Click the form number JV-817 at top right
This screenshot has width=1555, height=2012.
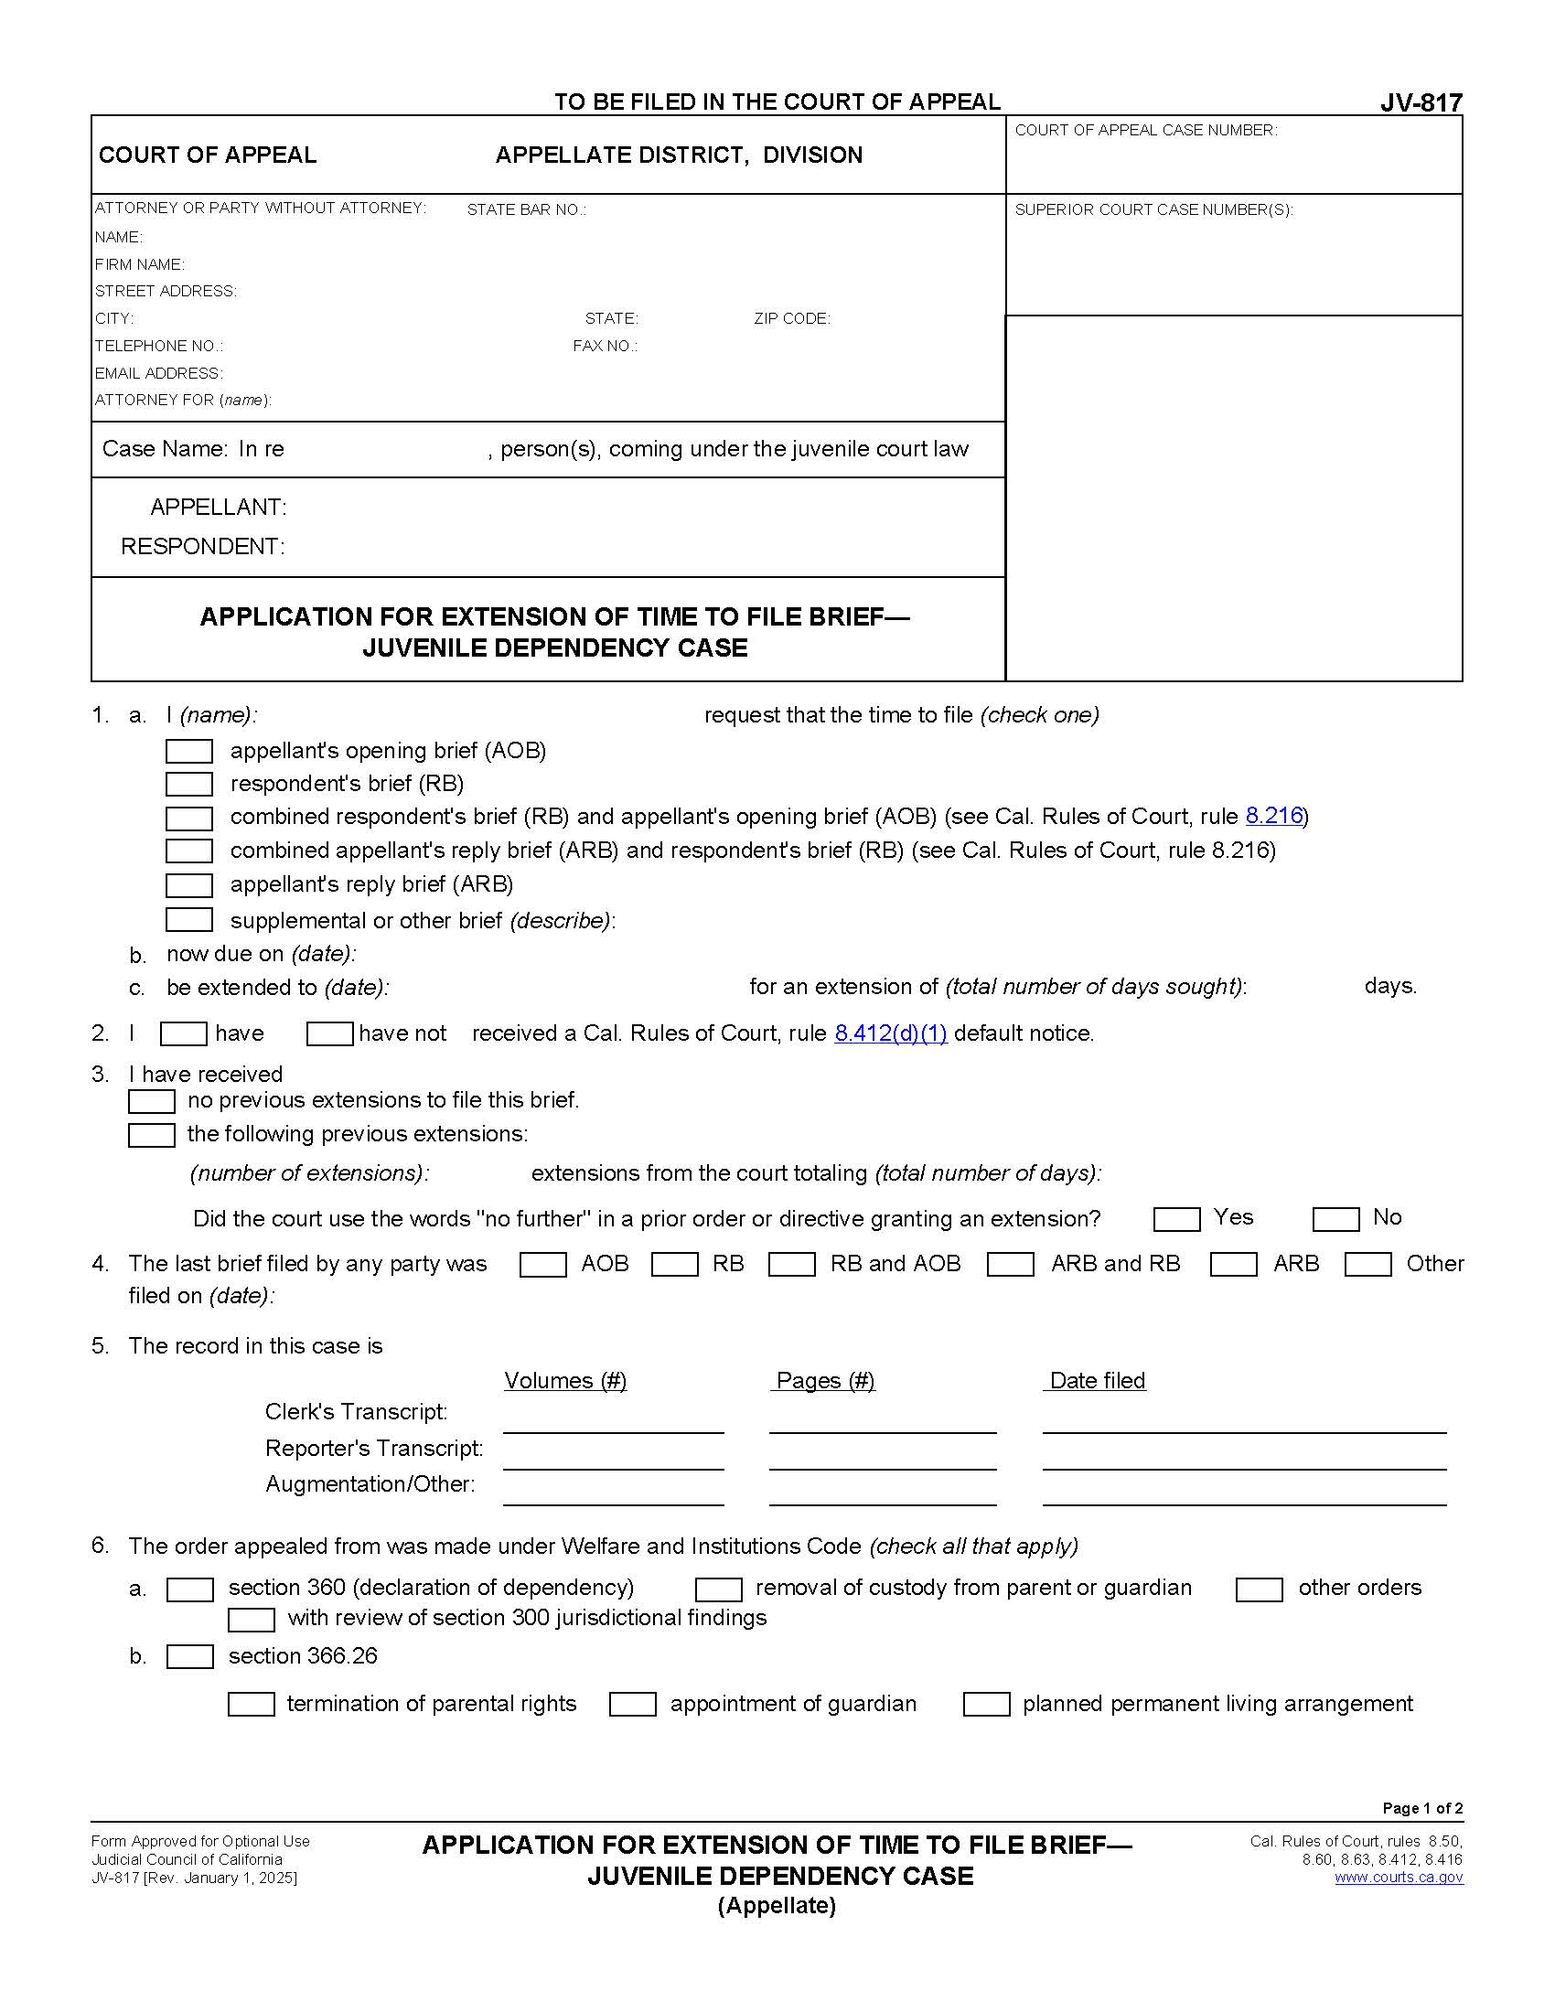[x=1421, y=103]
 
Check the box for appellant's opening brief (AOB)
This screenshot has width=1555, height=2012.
[x=188, y=751]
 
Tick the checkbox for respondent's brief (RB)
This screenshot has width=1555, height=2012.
[x=188, y=784]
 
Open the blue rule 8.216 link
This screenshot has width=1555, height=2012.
[x=1274, y=815]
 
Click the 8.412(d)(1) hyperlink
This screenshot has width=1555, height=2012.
[x=890, y=1033]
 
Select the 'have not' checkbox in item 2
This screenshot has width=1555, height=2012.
[x=329, y=1033]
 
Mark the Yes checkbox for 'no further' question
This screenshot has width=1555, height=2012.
[x=1176, y=1219]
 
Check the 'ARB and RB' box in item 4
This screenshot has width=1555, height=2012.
[x=1010, y=1264]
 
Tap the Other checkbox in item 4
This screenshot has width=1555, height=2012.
[x=1367, y=1264]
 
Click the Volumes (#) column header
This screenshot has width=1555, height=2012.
[x=565, y=1380]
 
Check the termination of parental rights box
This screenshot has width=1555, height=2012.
[x=251, y=1705]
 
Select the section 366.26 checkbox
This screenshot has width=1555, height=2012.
[x=189, y=1656]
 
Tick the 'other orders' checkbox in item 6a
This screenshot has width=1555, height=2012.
[x=1259, y=1589]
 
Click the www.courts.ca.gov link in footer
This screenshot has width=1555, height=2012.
[x=1399, y=1878]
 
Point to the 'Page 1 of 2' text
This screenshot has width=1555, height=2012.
[x=1421, y=1807]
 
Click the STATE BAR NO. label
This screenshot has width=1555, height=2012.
[x=526, y=210]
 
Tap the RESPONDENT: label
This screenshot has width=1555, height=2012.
[x=203, y=546]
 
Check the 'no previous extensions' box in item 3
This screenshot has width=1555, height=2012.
[x=151, y=1101]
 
